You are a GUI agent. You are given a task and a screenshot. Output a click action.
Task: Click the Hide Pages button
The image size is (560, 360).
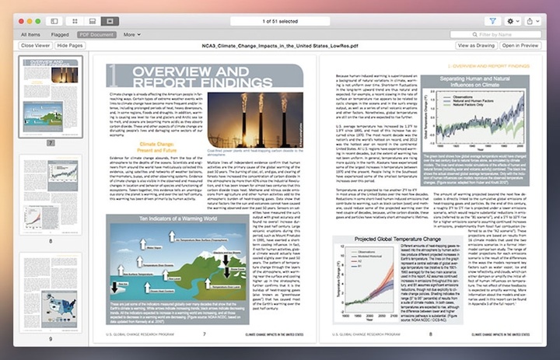click(70, 46)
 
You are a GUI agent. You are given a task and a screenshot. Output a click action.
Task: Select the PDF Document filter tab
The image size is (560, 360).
click(96, 34)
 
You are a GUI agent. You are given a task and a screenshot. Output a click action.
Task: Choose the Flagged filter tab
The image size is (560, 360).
click(60, 34)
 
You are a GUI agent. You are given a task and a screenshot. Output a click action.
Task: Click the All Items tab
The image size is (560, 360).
click(31, 34)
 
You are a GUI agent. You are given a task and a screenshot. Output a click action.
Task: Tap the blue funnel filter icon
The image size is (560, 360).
click(492, 21)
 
